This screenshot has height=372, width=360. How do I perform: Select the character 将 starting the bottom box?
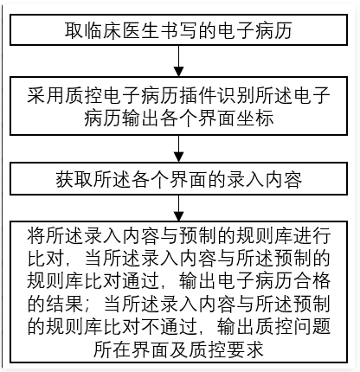pos(36,236)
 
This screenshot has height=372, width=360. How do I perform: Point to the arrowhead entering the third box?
pos(179,157)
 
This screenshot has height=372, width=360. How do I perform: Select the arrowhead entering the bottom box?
pos(179,216)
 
